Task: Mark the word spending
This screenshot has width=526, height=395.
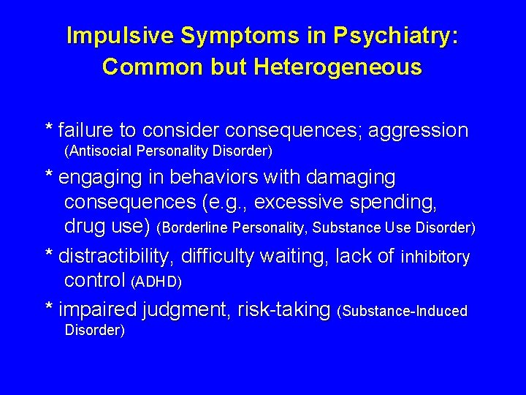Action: pyautogui.click(x=399, y=202)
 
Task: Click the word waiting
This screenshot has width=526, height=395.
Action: pyautogui.click(x=299, y=256)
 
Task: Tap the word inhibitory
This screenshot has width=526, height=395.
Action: pyautogui.click(x=435, y=257)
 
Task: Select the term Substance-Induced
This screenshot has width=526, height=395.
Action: pyautogui.click(x=405, y=311)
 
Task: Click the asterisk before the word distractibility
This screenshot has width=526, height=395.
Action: pyautogui.click(x=49, y=255)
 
